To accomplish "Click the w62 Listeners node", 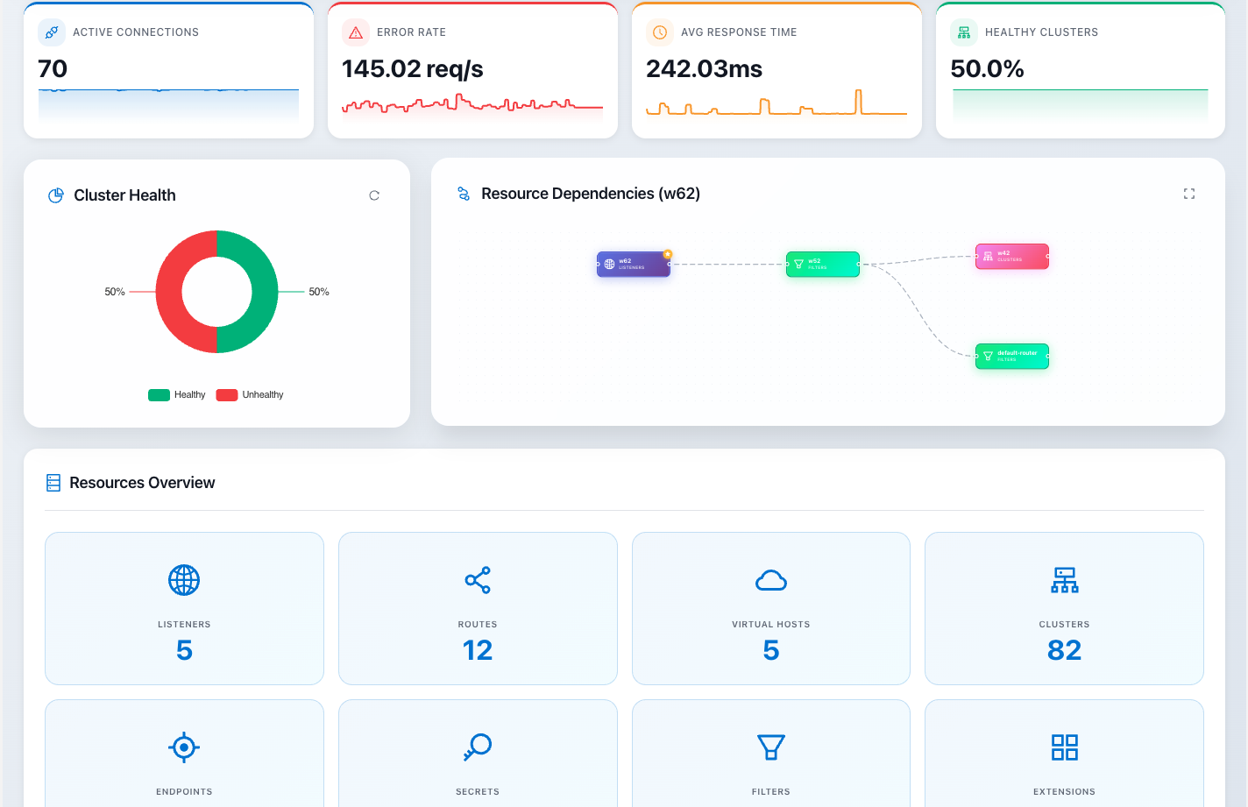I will [634, 264].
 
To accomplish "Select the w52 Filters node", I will [822, 264].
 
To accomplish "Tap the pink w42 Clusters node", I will [1012, 256].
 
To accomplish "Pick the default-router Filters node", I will [1012, 356].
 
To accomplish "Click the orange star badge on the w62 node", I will [668, 254].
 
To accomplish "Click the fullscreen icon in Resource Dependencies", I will [1189, 194].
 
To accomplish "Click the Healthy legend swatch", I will [159, 395].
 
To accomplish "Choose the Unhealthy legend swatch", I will [227, 395].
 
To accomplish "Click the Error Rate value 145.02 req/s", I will [412, 69].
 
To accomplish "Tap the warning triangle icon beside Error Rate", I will [356, 32].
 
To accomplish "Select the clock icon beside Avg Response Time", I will [660, 32].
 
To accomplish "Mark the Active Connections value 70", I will [53, 69].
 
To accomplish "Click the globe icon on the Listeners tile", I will [184, 580].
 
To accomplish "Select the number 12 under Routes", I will [478, 650].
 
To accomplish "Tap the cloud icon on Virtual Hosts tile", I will [771, 580].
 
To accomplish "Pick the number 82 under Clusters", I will [1064, 650].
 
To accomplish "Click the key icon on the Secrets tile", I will [478, 747].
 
